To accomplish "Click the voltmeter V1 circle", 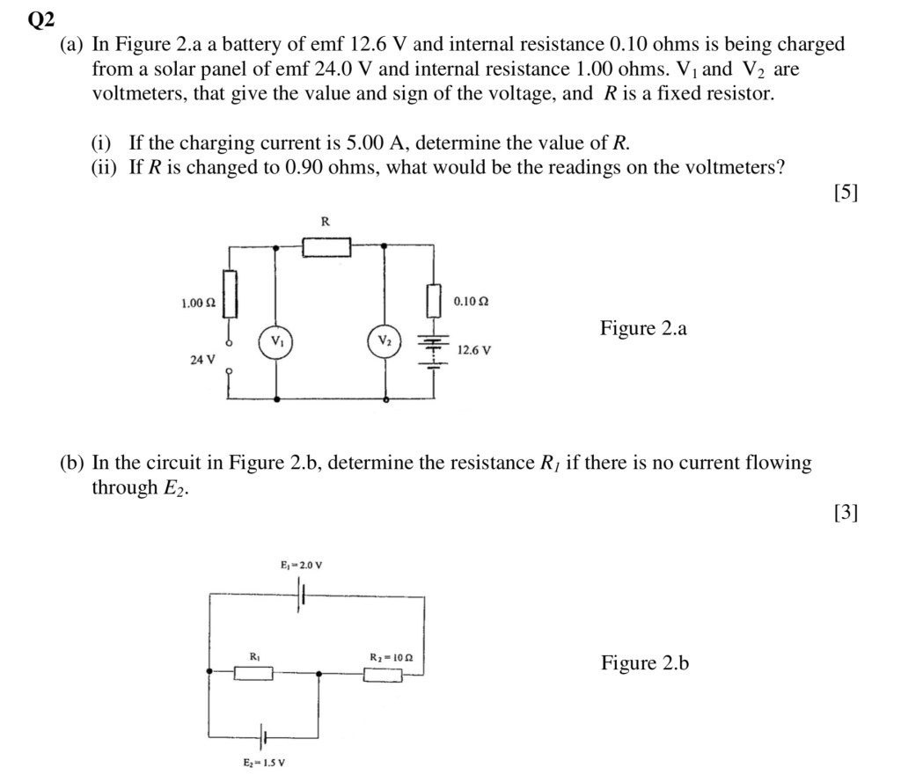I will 276,340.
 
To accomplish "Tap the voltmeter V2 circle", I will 385,340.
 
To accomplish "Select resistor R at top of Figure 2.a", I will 326,248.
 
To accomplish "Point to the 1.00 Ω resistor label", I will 198,303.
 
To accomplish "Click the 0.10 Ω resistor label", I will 471,302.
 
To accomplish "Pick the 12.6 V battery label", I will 474,350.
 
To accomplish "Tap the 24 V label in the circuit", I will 202,359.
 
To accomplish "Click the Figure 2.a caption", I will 643,329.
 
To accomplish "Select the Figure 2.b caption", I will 645,663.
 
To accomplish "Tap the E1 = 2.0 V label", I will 302,565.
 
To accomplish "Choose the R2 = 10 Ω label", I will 392,656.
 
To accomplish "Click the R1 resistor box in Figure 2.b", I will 253,674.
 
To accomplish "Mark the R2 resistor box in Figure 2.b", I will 384,675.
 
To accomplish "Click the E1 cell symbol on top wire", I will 302,597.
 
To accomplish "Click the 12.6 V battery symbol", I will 433,349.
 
